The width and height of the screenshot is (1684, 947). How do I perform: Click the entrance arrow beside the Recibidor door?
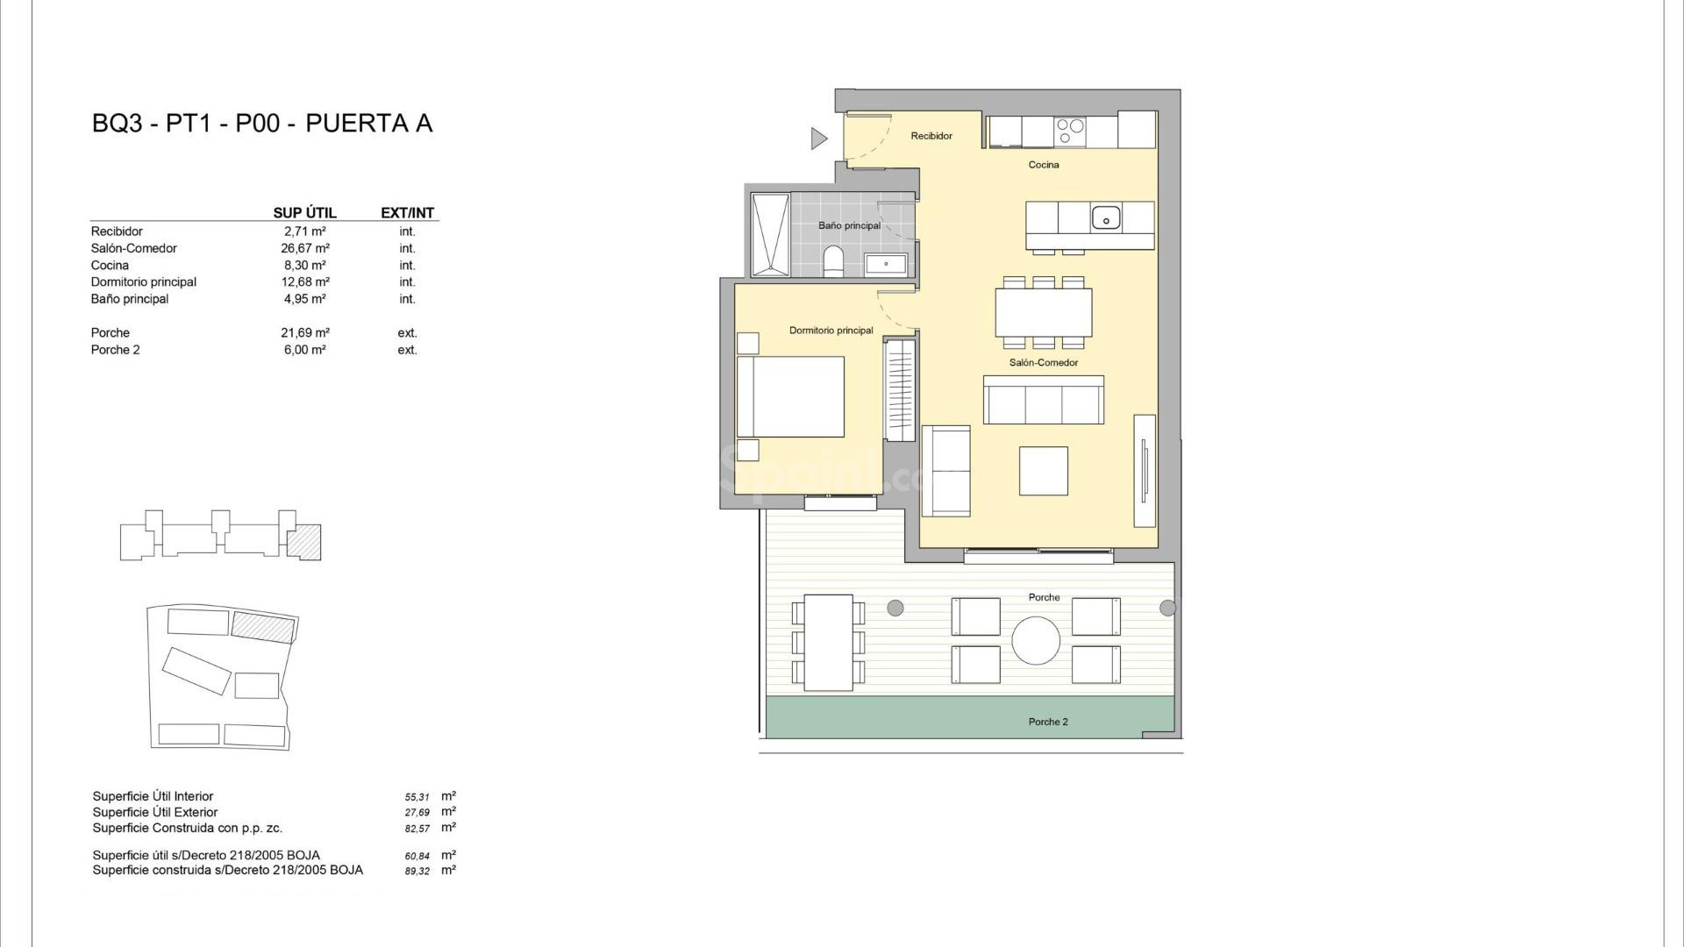pos(818,139)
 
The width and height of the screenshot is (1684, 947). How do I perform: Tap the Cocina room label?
pos(1044,165)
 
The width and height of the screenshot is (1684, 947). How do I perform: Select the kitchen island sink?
pos(1106,217)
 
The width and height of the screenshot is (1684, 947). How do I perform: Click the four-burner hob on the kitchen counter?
pos(1070,132)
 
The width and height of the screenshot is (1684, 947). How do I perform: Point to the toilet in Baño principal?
pos(833,261)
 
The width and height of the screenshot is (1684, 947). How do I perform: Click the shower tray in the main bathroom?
pos(770,234)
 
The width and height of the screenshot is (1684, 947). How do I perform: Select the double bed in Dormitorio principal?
pos(791,396)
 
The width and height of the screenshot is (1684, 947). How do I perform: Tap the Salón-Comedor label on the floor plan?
pos(1044,362)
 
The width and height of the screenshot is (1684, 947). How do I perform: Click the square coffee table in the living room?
pos(1044,471)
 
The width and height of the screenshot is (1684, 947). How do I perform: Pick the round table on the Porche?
pos(1036,640)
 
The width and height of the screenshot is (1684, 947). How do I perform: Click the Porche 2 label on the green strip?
pos(1048,722)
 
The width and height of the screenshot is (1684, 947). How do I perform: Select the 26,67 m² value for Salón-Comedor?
pos(304,248)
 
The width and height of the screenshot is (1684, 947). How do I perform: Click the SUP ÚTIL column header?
pos(304,212)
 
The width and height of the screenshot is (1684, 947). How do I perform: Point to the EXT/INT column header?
pos(407,212)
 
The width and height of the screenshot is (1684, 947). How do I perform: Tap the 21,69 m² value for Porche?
pos(304,332)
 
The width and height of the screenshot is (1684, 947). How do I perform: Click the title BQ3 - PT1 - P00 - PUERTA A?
pos(262,124)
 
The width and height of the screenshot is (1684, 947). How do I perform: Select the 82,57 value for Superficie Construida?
pos(417,829)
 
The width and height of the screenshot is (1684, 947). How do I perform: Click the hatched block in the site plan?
pos(263,628)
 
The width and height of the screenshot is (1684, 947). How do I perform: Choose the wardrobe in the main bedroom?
pos(900,390)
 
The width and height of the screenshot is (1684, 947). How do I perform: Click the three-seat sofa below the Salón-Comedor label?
pos(1044,401)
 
